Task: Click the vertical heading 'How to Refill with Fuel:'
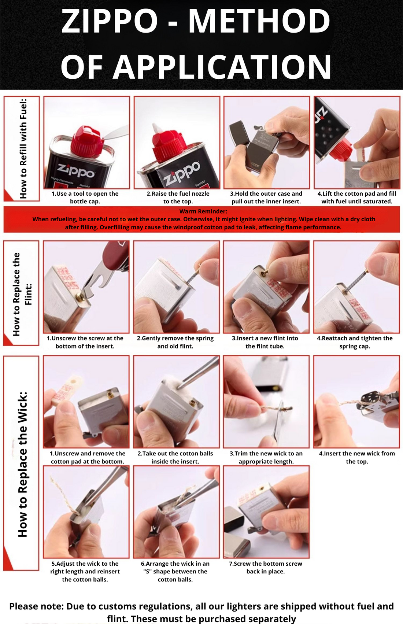(x=23, y=148)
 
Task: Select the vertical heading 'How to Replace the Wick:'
(x=23, y=464)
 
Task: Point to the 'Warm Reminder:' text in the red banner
(x=203, y=211)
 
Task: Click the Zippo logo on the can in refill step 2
(x=182, y=173)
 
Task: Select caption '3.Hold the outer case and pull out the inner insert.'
(x=266, y=197)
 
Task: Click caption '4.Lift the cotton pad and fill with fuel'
(x=356, y=197)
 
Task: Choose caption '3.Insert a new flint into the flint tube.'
(x=265, y=342)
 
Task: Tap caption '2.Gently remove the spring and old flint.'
(x=175, y=342)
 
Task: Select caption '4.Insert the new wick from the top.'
(x=356, y=457)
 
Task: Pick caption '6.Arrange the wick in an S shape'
(x=175, y=571)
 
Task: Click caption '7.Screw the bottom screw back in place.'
(x=265, y=567)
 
